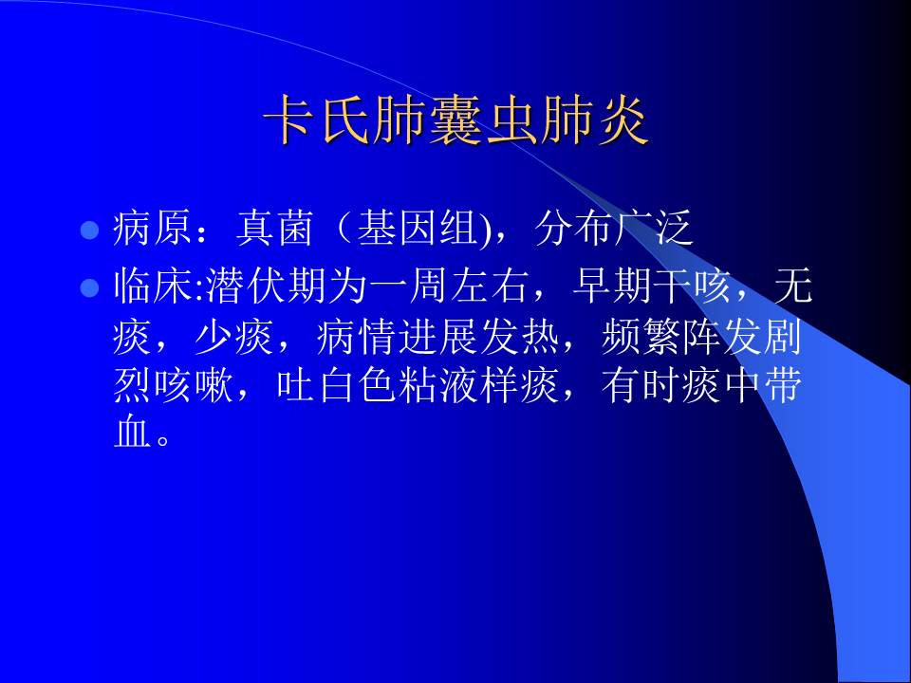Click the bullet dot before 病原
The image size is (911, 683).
[x=90, y=231]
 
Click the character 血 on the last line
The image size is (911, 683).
[x=132, y=434]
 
